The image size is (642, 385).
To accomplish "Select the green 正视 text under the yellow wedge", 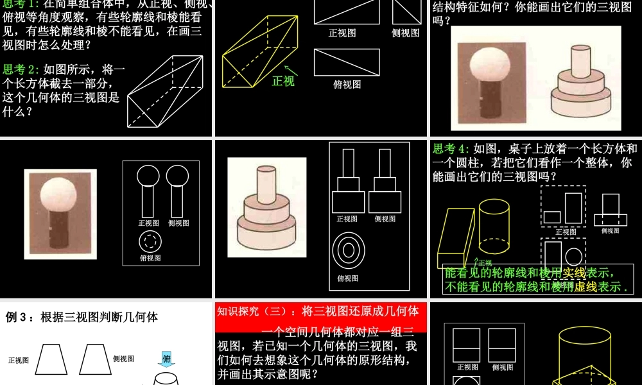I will point(283,81).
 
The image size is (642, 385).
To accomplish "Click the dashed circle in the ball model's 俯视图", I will point(150,241).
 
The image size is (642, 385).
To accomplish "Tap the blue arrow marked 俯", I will point(166,360).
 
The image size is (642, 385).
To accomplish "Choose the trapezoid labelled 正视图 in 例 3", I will point(51,359).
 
